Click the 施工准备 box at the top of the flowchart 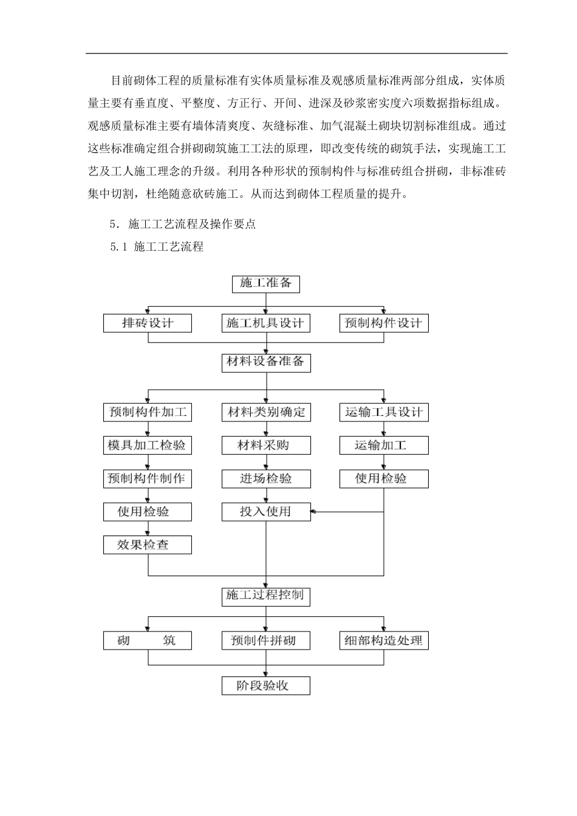pyautogui.click(x=266, y=284)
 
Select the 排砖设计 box pyautogui.click(x=148, y=323)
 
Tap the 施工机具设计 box pyautogui.click(x=265, y=323)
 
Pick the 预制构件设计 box pyautogui.click(x=383, y=323)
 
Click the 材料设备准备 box pyautogui.click(x=265, y=362)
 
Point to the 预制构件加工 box pyautogui.click(x=148, y=412)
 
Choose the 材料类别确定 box pyautogui.click(x=265, y=412)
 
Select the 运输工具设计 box pyautogui.click(x=383, y=412)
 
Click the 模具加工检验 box pyautogui.click(x=148, y=445)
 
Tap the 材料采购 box pyautogui.click(x=265, y=445)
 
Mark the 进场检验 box pyautogui.click(x=265, y=478)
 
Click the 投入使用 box pyautogui.click(x=265, y=512)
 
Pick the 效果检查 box pyautogui.click(x=148, y=545)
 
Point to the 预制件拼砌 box pyautogui.click(x=265, y=641)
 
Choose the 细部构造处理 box pyautogui.click(x=383, y=641)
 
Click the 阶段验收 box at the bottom pyautogui.click(x=265, y=686)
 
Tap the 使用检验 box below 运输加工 pyautogui.click(x=383, y=478)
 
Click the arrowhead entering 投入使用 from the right pyautogui.click(x=313, y=512)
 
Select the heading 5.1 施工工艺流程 pyautogui.click(x=157, y=247)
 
